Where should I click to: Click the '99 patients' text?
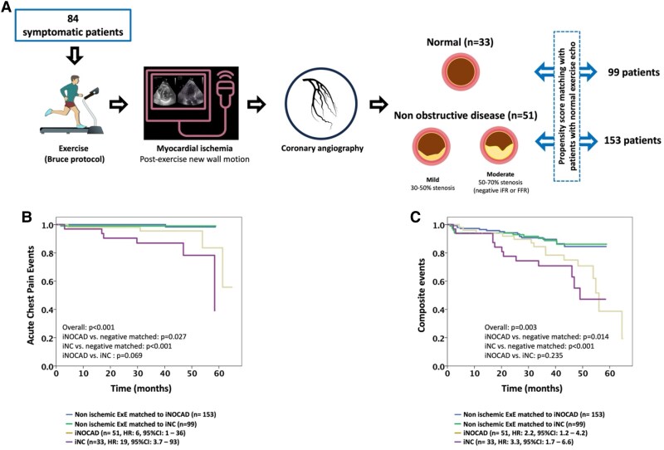625,73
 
